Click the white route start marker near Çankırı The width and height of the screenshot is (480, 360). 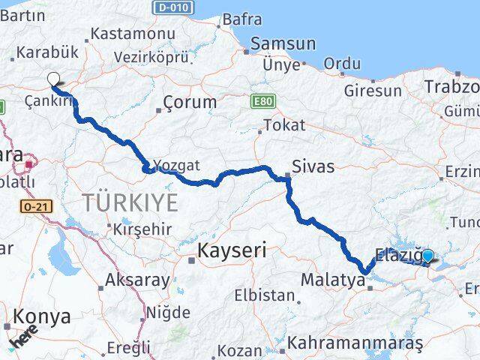point(53,79)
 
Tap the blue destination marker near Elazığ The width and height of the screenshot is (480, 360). point(427,256)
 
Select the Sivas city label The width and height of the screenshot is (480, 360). point(313,166)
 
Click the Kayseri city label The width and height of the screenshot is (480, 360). point(232,250)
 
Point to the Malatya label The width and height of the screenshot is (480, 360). point(331,280)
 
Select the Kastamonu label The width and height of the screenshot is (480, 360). point(132,34)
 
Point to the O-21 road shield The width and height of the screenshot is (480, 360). point(34,205)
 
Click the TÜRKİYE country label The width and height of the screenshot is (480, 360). point(130,202)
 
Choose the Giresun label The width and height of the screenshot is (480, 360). point(373,91)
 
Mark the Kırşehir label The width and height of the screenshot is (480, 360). point(144,229)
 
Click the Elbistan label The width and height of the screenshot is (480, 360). point(264,295)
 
